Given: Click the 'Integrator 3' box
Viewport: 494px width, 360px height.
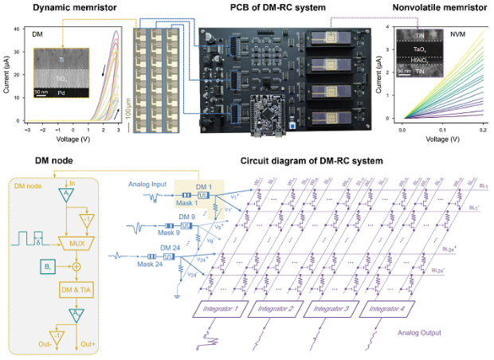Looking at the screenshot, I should tap(334, 308).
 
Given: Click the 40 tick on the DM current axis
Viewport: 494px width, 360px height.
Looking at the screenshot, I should tap(18, 29).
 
